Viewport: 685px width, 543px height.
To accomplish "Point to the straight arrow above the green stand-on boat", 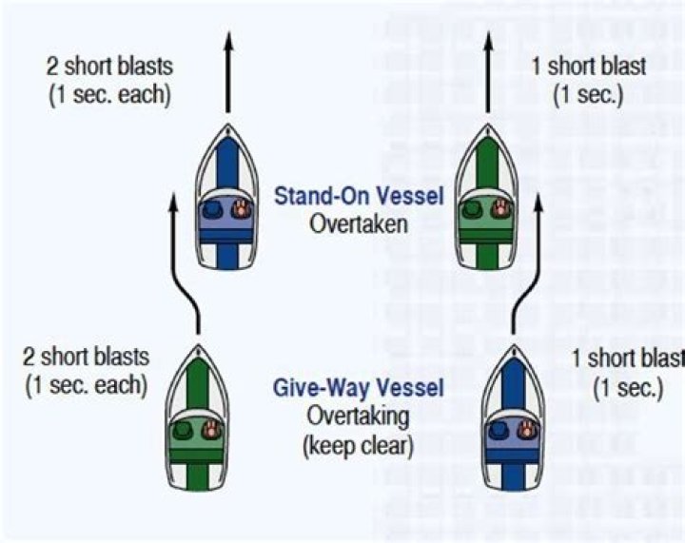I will tap(487, 71).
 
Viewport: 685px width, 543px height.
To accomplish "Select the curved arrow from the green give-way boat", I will tap(181, 266).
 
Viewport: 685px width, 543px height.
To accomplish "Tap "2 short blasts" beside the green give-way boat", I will tap(87, 358).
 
